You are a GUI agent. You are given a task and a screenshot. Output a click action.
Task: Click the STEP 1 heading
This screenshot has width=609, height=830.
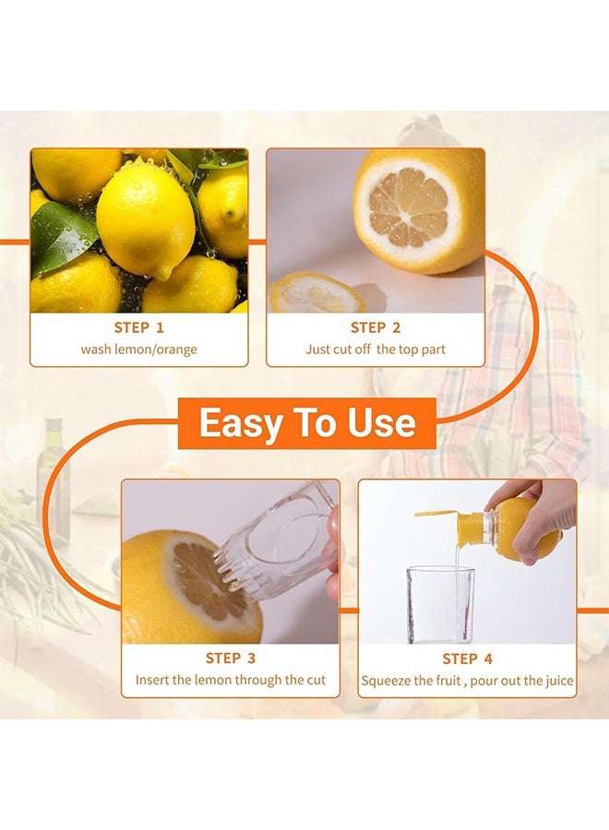138,327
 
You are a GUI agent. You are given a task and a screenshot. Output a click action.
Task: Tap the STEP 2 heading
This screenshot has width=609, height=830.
375,327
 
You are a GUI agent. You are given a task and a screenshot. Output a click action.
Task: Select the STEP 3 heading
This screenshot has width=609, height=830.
231,658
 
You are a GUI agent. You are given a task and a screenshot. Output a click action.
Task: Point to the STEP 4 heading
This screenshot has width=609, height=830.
467,658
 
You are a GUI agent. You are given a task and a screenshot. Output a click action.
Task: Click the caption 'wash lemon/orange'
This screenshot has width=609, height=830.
138,350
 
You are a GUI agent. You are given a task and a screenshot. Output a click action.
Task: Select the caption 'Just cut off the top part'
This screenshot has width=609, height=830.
375,350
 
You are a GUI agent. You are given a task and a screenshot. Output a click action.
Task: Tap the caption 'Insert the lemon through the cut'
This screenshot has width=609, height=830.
231,681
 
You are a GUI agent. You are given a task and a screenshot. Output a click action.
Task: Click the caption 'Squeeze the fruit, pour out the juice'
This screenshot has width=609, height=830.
467,682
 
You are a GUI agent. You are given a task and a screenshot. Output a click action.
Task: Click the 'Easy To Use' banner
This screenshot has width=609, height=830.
306,423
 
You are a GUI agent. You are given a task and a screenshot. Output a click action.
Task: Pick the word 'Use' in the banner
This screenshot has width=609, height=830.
381,423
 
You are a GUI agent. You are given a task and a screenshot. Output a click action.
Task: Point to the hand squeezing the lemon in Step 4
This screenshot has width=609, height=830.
540,516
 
